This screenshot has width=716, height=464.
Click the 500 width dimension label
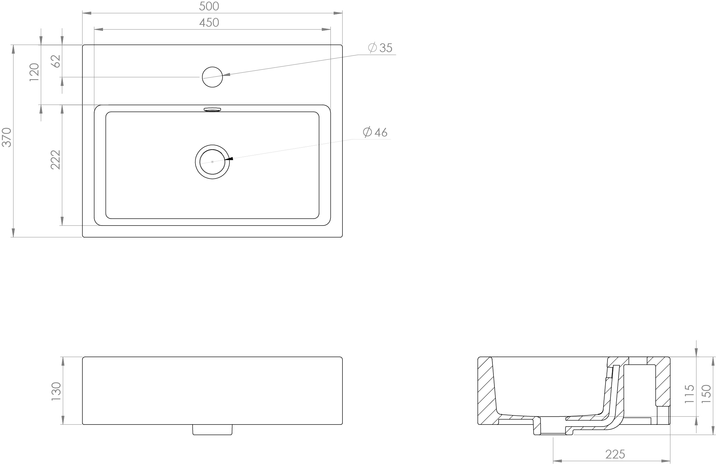click(x=209, y=6)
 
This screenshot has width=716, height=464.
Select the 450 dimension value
click(x=209, y=22)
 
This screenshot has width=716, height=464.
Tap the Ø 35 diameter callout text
click(x=380, y=48)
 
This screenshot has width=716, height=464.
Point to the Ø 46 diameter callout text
click(x=375, y=132)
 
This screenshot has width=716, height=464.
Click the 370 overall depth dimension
click(x=7, y=137)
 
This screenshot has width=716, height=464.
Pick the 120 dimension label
click(x=34, y=72)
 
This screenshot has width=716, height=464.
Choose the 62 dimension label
click(x=56, y=61)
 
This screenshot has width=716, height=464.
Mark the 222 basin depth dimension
click(x=56, y=160)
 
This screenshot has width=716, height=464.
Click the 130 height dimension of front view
click(x=56, y=391)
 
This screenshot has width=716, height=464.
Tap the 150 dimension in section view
click(x=706, y=394)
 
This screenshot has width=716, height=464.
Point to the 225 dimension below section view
click(x=615, y=454)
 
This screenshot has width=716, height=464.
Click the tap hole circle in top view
click(x=212, y=77)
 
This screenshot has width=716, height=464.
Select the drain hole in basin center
click(x=212, y=162)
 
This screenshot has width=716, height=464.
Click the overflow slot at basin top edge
click(x=212, y=109)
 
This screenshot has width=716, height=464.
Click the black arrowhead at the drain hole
click(x=229, y=159)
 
